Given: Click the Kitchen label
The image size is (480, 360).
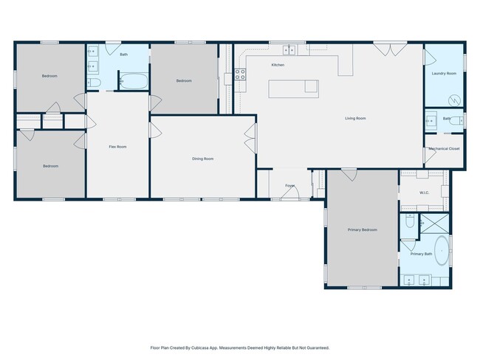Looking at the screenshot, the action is click(x=278, y=65).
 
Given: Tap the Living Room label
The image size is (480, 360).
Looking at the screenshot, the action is click(x=355, y=118).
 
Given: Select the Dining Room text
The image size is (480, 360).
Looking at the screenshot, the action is click(x=202, y=159).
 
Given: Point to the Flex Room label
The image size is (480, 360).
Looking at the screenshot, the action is click(x=117, y=147).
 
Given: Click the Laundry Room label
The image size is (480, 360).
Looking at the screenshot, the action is click(x=444, y=74).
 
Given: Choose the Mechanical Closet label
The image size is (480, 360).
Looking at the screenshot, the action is click(x=444, y=149).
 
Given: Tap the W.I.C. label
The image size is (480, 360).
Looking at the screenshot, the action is click(x=424, y=193).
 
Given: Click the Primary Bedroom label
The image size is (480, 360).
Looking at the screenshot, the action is click(x=362, y=229).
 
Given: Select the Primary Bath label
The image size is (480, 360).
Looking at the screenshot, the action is click(x=421, y=254).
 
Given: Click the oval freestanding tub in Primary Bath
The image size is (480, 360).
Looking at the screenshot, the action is click(x=442, y=251).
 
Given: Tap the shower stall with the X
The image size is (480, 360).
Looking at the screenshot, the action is click(x=434, y=224).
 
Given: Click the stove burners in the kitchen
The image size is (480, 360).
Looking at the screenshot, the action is click(x=240, y=75).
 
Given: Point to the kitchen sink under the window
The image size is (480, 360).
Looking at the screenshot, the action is click(x=289, y=50).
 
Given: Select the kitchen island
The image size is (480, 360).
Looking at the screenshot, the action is click(x=294, y=89).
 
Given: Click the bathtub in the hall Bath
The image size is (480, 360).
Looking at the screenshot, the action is click(x=134, y=81).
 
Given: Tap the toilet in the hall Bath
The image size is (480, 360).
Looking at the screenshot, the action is click(x=94, y=83).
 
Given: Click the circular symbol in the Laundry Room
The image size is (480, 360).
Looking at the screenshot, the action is click(x=454, y=100).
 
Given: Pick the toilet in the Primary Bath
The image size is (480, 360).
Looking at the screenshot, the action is click(x=410, y=221).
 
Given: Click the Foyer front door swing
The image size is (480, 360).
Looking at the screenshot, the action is click(x=290, y=193).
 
